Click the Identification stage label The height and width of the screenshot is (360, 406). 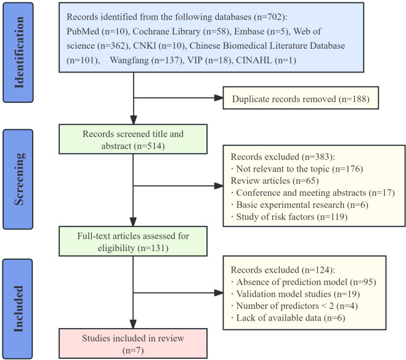pos(18,52)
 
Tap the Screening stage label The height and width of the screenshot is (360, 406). pos(18,179)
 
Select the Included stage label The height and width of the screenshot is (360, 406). pos(18,309)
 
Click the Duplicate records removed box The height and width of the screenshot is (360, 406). pos(301,98)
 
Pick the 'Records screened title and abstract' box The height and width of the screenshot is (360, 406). pos(133,139)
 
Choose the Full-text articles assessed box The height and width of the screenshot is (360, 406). pos(133,241)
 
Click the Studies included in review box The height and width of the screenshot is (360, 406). pos(133,343)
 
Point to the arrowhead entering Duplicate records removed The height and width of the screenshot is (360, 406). pos(219,98)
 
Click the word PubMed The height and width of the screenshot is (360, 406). pos(83,31)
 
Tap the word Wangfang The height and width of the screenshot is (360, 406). pos(129,60)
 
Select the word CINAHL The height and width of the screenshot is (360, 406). pos(254,60)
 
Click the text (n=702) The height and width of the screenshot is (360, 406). pos(270,17)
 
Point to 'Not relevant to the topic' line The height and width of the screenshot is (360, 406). pos(297,169)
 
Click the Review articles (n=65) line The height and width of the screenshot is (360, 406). pos(275,180)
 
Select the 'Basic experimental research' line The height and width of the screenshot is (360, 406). pos(299,204)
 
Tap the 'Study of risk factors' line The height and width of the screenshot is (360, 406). pos(289,217)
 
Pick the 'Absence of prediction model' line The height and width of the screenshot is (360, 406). pos(304,282)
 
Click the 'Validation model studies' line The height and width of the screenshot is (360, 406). pos(296,294)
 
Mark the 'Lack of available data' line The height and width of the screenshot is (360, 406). pos(288,318)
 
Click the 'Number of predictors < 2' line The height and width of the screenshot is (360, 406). pos(294,306)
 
